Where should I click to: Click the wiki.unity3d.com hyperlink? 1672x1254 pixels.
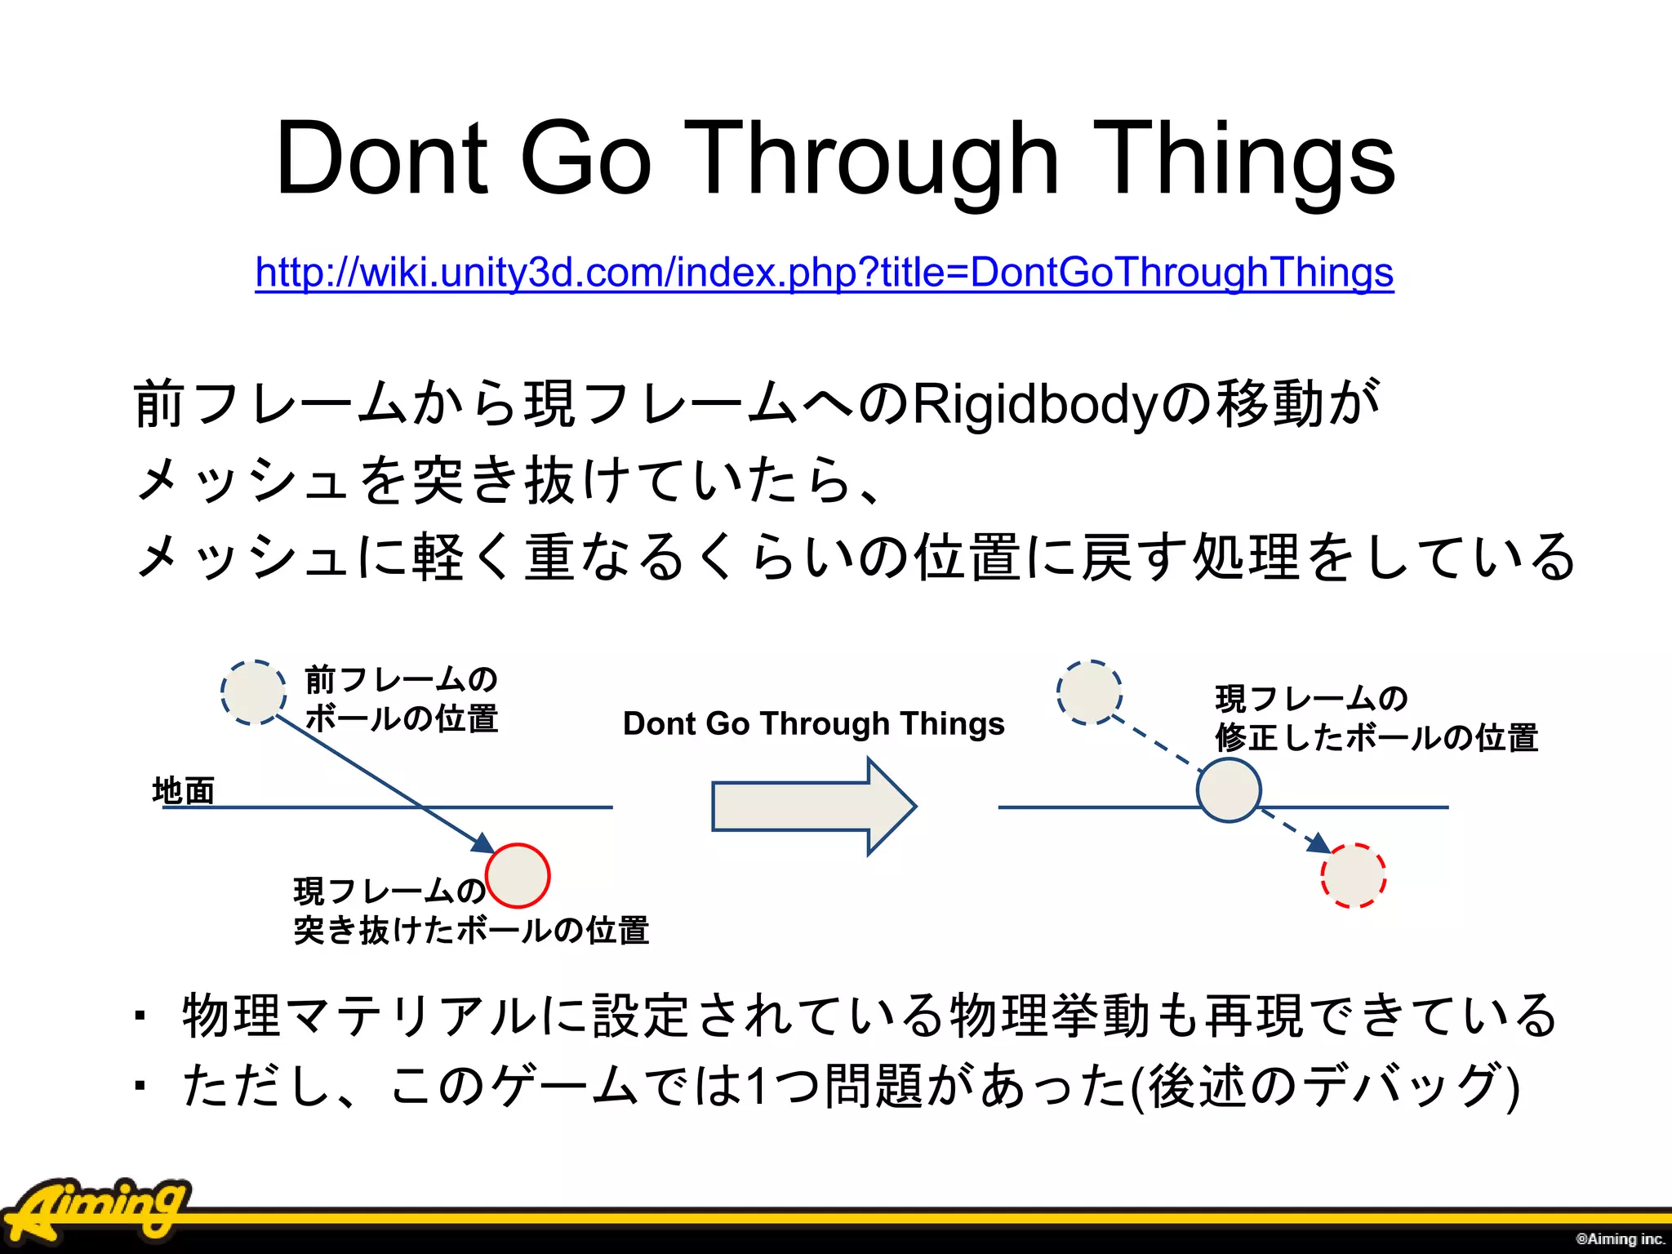click(824, 272)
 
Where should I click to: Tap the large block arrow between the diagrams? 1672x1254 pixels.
click(813, 806)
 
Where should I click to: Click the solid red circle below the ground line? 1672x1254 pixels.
click(518, 875)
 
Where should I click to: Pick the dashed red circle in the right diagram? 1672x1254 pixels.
click(1353, 876)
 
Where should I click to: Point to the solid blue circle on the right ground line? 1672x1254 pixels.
click(1229, 789)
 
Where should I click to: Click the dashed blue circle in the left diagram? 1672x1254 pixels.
click(253, 692)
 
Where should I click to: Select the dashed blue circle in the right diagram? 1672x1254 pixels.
click(1089, 692)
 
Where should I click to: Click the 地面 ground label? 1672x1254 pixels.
click(184, 790)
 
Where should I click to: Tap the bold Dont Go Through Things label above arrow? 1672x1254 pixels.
click(813, 723)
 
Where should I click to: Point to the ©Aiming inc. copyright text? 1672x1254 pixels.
click(1620, 1238)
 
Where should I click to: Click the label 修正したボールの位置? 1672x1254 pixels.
click(1376, 737)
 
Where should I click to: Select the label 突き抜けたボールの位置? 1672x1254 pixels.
click(471, 930)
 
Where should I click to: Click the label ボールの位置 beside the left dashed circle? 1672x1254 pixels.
click(401, 718)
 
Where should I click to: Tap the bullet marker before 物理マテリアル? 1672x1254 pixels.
click(140, 1016)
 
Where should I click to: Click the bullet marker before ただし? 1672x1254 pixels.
click(140, 1087)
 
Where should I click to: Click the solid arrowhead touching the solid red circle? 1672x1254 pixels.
click(483, 844)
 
